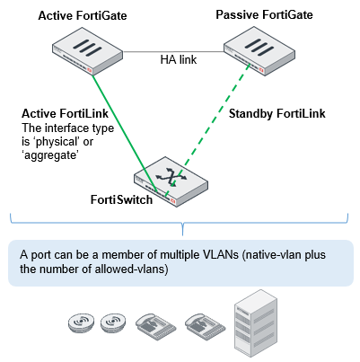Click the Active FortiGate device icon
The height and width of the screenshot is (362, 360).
click(87, 51)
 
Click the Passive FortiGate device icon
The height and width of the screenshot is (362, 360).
click(259, 51)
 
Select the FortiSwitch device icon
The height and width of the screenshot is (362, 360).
click(171, 181)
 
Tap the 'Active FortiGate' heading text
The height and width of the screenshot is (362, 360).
click(83, 15)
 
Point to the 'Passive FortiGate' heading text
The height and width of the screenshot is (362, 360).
click(264, 14)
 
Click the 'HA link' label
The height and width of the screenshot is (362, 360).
click(179, 59)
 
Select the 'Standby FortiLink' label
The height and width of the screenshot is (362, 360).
click(277, 114)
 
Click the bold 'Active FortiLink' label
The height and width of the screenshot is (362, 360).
click(65, 114)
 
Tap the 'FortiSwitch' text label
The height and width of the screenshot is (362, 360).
click(121, 199)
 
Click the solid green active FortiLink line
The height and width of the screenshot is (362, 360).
click(124, 133)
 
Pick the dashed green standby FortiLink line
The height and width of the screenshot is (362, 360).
click(207, 130)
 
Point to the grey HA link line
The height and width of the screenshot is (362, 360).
click(173, 52)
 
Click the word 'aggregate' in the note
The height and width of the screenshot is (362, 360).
click(50, 155)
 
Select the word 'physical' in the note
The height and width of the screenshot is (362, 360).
click(58, 142)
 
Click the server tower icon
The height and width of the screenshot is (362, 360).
click(256, 323)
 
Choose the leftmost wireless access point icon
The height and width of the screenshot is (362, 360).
click(81, 323)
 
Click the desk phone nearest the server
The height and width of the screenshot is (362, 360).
click(205, 326)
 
